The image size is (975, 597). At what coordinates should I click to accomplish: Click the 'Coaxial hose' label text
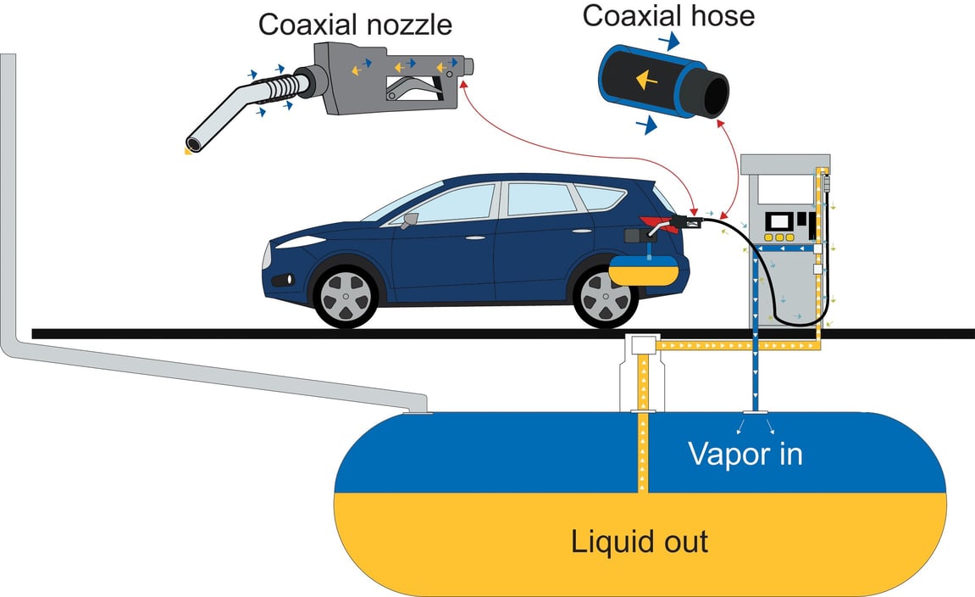[x=668, y=16]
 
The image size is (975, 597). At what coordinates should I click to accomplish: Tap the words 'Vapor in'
[x=745, y=454]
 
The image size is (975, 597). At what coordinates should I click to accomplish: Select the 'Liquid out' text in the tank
[x=640, y=541]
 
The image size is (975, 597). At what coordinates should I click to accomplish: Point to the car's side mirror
[x=410, y=221]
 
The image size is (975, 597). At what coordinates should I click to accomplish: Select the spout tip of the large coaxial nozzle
[x=194, y=144]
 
